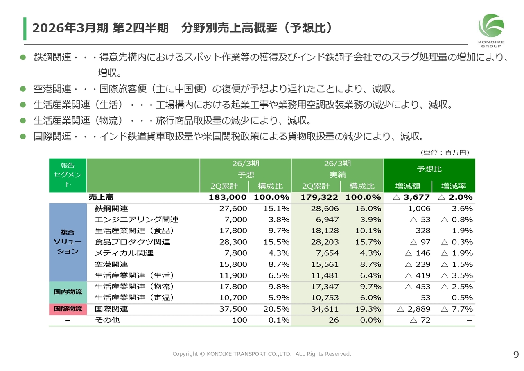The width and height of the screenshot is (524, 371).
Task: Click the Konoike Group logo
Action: (491, 30)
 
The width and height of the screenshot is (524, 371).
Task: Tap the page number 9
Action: (516, 355)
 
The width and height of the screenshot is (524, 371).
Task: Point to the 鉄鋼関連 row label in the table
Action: (111, 208)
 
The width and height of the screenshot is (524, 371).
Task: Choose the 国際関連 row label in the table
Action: (111, 309)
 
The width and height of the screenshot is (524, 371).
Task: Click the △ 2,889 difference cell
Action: (414, 309)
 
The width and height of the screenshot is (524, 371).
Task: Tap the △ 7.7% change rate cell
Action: (457, 309)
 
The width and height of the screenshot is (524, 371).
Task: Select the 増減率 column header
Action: (454, 186)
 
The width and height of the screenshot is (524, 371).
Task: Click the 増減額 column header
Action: (408, 186)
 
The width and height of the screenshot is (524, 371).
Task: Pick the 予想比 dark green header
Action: (429, 169)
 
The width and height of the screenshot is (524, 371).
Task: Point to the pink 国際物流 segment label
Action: (68, 309)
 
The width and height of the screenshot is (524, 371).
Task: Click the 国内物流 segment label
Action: (68, 292)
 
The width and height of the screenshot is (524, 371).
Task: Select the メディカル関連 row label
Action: (124, 253)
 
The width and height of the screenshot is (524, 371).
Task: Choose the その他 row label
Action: (107, 320)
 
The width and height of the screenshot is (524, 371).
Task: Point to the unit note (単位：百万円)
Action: (445, 152)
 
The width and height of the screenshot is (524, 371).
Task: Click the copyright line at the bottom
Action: (262, 354)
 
